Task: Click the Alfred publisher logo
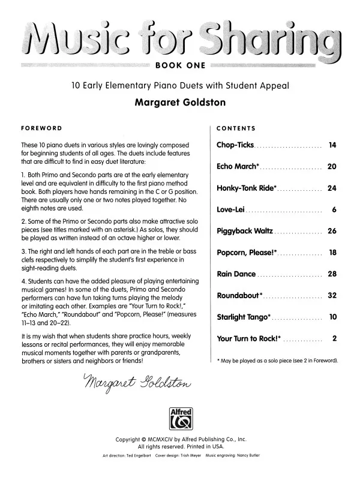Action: (x=180, y=414)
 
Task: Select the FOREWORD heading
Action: (x=41, y=128)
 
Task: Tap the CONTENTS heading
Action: (x=236, y=128)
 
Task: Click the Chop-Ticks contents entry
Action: (x=235, y=146)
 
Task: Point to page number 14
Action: (x=332, y=146)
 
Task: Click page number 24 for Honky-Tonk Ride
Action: (x=332, y=188)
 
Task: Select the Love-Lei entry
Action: (x=231, y=209)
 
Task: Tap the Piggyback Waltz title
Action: (x=245, y=231)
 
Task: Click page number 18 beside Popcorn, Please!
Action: (x=332, y=253)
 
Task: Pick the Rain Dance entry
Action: (x=236, y=274)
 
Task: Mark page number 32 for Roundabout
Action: (x=332, y=296)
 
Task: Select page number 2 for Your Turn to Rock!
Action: (x=334, y=338)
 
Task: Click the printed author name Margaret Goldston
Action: (x=179, y=103)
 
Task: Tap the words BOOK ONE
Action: (x=180, y=65)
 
